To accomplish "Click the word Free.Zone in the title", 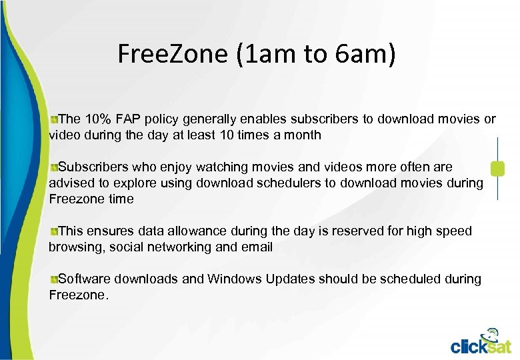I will point(173,54).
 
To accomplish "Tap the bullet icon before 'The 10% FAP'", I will point(53,119).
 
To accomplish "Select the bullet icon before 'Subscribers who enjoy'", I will point(53,167).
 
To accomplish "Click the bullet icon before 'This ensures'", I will point(53,231).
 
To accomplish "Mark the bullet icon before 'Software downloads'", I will point(53,279).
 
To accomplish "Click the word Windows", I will point(234,279).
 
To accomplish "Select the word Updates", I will point(290,279).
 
